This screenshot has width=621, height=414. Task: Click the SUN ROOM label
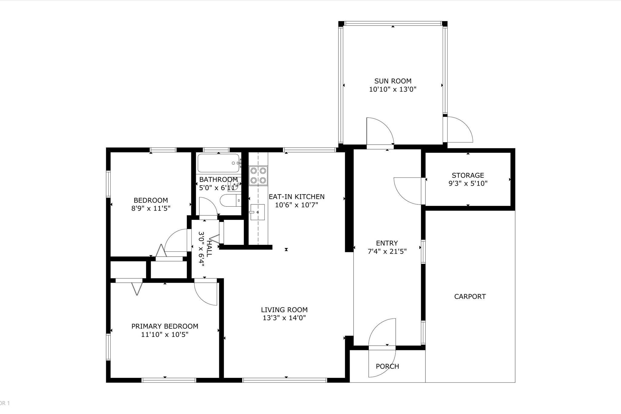click(x=393, y=81)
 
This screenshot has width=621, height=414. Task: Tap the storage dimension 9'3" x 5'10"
click(x=468, y=183)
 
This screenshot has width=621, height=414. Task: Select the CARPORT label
click(x=470, y=297)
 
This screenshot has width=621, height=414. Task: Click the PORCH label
click(x=387, y=366)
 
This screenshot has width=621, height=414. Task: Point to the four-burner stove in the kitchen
click(x=258, y=176)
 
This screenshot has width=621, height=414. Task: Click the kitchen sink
click(x=257, y=212)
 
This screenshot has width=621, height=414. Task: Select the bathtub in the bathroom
click(x=218, y=163)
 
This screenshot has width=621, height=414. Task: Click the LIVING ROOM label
click(x=284, y=310)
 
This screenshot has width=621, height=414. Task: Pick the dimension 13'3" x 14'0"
click(x=284, y=318)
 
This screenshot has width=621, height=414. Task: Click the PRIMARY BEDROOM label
click(x=165, y=326)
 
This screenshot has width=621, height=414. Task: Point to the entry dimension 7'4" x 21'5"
click(x=387, y=251)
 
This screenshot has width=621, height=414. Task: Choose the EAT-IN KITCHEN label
click(x=297, y=197)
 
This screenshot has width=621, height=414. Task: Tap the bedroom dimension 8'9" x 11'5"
click(x=151, y=208)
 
